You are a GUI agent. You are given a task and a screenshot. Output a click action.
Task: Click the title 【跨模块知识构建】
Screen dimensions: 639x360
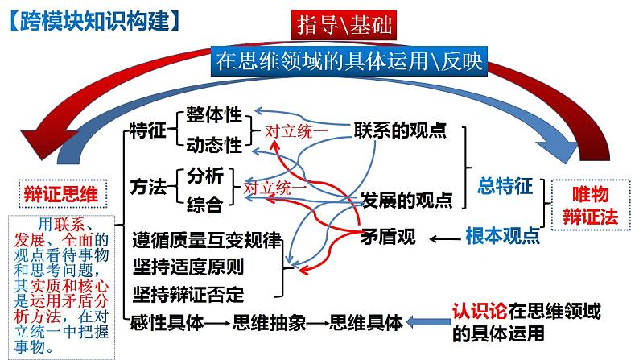pyautogui.click(x=91, y=20)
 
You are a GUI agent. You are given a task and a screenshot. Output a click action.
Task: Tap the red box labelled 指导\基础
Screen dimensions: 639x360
pyautogui.click(x=344, y=26)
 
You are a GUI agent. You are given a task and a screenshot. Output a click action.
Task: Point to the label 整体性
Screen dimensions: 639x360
pyautogui.click(x=213, y=114)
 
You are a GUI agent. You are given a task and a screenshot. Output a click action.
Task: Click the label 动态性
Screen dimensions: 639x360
pyautogui.click(x=213, y=145)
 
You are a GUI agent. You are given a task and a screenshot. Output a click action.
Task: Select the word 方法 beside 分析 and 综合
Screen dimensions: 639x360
pyautogui.click(x=147, y=188)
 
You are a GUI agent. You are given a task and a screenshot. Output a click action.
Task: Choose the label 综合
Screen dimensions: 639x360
pyautogui.click(x=204, y=204)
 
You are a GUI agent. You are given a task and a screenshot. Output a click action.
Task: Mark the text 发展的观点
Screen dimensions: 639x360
pyautogui.click(x=406, y=199)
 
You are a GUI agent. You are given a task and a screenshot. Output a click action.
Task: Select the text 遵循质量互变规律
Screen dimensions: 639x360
pyautogui.click(x=207, y=240)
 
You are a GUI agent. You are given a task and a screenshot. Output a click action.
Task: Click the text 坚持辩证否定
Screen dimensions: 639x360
pyautogui.click(x=188, y=292)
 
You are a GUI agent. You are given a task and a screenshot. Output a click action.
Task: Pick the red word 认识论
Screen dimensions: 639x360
pyautogui.click(x=480, y=311)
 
